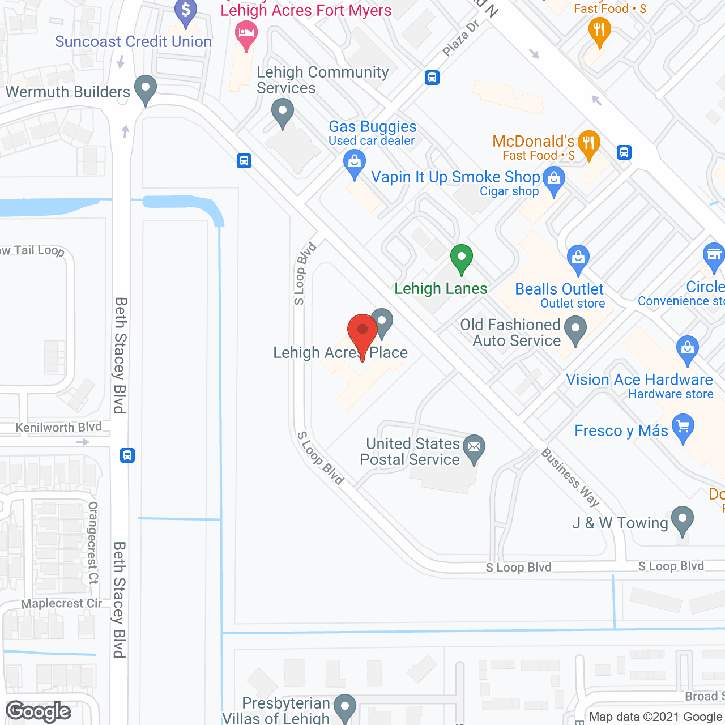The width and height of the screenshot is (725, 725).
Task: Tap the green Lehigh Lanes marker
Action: tap(462, 259)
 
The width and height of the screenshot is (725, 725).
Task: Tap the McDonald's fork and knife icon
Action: tap(589, 143)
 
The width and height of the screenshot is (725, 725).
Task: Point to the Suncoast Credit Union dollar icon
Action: tap(186, 11)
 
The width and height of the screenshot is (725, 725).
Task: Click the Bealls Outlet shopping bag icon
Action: tap(578, 259)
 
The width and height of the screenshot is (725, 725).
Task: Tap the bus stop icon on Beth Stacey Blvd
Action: tap(127, 455)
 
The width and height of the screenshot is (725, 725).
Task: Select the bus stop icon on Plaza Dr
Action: tap(432, 78)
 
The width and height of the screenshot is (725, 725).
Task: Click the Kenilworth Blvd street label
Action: tap(59, 427)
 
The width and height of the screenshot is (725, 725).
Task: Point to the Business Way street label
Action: tap(570, 477)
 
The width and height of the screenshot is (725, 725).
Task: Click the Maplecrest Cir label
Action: tap(61, 604)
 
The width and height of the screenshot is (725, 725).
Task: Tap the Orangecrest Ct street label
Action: tap(93, 542)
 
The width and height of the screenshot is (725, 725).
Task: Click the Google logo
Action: tap(39, 711)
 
